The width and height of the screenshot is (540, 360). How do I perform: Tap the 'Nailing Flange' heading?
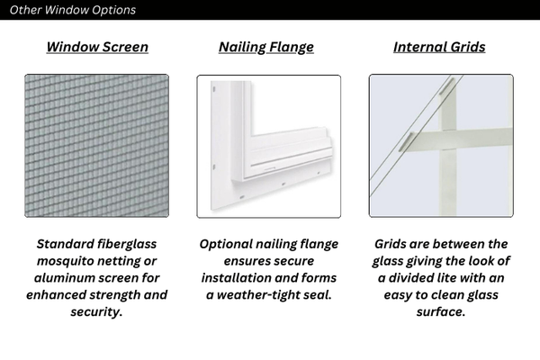[266, 47]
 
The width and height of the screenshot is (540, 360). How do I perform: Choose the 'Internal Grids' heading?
[439, 47]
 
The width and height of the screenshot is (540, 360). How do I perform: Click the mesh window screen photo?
[96, 146]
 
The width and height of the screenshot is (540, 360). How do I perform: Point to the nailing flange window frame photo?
[268, 146]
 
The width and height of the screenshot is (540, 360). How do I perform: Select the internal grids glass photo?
[441, 146]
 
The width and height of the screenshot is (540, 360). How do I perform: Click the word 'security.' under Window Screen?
[96, 312]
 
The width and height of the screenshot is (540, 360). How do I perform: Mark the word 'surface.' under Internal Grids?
[440, 312]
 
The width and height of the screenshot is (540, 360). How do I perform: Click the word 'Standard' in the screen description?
[69, 244]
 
